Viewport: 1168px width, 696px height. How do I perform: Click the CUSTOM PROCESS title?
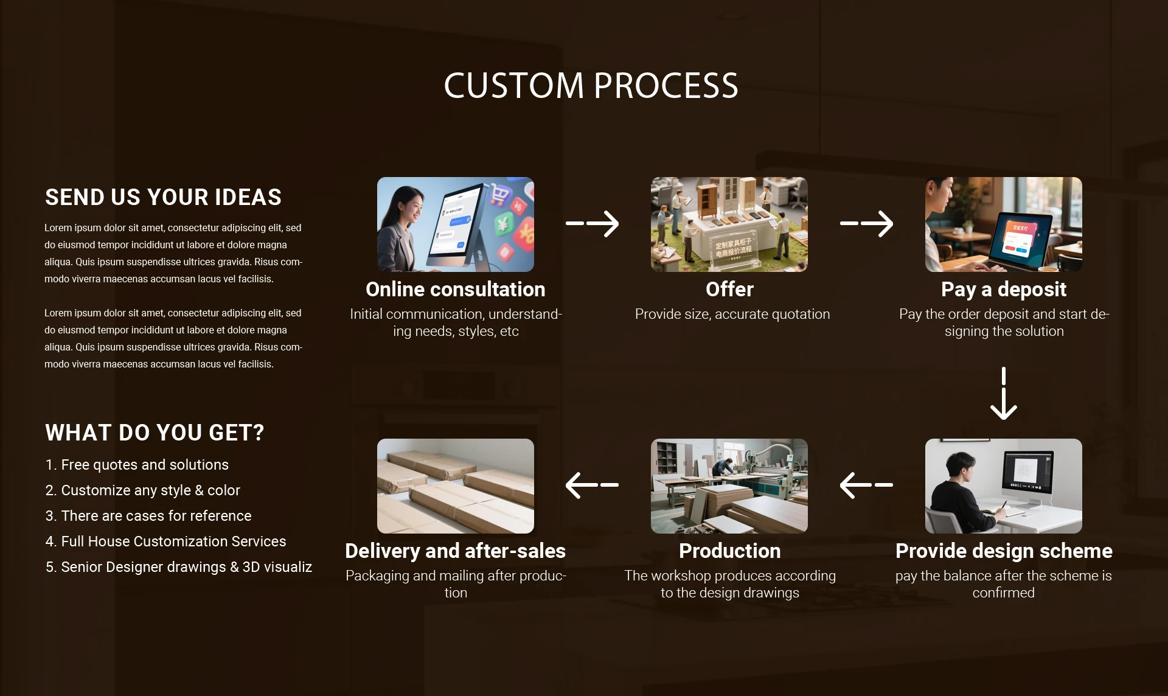(x=591, y=85)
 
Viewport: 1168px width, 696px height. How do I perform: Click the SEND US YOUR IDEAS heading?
(x=163, y=197)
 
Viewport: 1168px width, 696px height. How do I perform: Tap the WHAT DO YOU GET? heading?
(x=155, y=433)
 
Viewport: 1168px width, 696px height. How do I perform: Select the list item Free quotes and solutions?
(x=137, y=465)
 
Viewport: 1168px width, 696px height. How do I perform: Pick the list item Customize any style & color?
(x=142, y=490)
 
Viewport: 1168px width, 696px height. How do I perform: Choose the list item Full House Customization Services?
(x=165, y=541)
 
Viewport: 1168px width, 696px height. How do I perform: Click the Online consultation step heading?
(x=456, y=290)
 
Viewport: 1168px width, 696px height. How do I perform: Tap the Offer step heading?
(x=729, y=290)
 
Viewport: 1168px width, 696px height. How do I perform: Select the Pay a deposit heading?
(x=1004, y=290)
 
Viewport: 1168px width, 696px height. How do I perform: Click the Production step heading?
(x=729, y=551)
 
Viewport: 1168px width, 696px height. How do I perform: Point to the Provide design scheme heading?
(x=1004, y=552)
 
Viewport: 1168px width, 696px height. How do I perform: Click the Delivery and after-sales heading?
(x=456, y=551)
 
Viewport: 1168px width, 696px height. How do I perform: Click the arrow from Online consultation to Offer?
(x=593, y=223)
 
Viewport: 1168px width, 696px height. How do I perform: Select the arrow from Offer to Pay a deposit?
(x=867, y=223)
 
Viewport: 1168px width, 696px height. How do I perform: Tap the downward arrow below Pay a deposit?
(x=1004, y=393)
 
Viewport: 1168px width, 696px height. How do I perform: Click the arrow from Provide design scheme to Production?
(x=866, y=485)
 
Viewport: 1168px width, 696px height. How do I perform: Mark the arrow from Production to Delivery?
(x=592, y=485)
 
